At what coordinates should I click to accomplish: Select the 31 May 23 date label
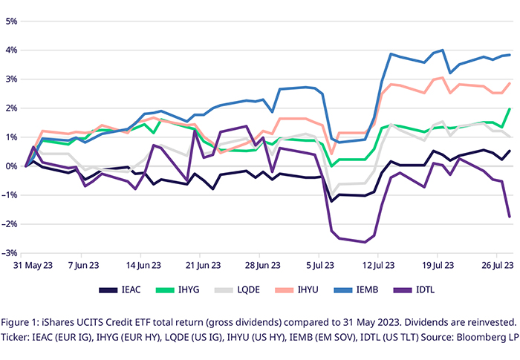(x=26, y=264)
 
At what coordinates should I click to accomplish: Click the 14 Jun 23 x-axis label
(x=145, y=264)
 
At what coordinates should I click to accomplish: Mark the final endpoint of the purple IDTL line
(x=510, y=217)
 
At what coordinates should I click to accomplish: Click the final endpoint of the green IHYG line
(x=510, y=109)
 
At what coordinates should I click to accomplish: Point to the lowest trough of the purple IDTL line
(x=365, y=242)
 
